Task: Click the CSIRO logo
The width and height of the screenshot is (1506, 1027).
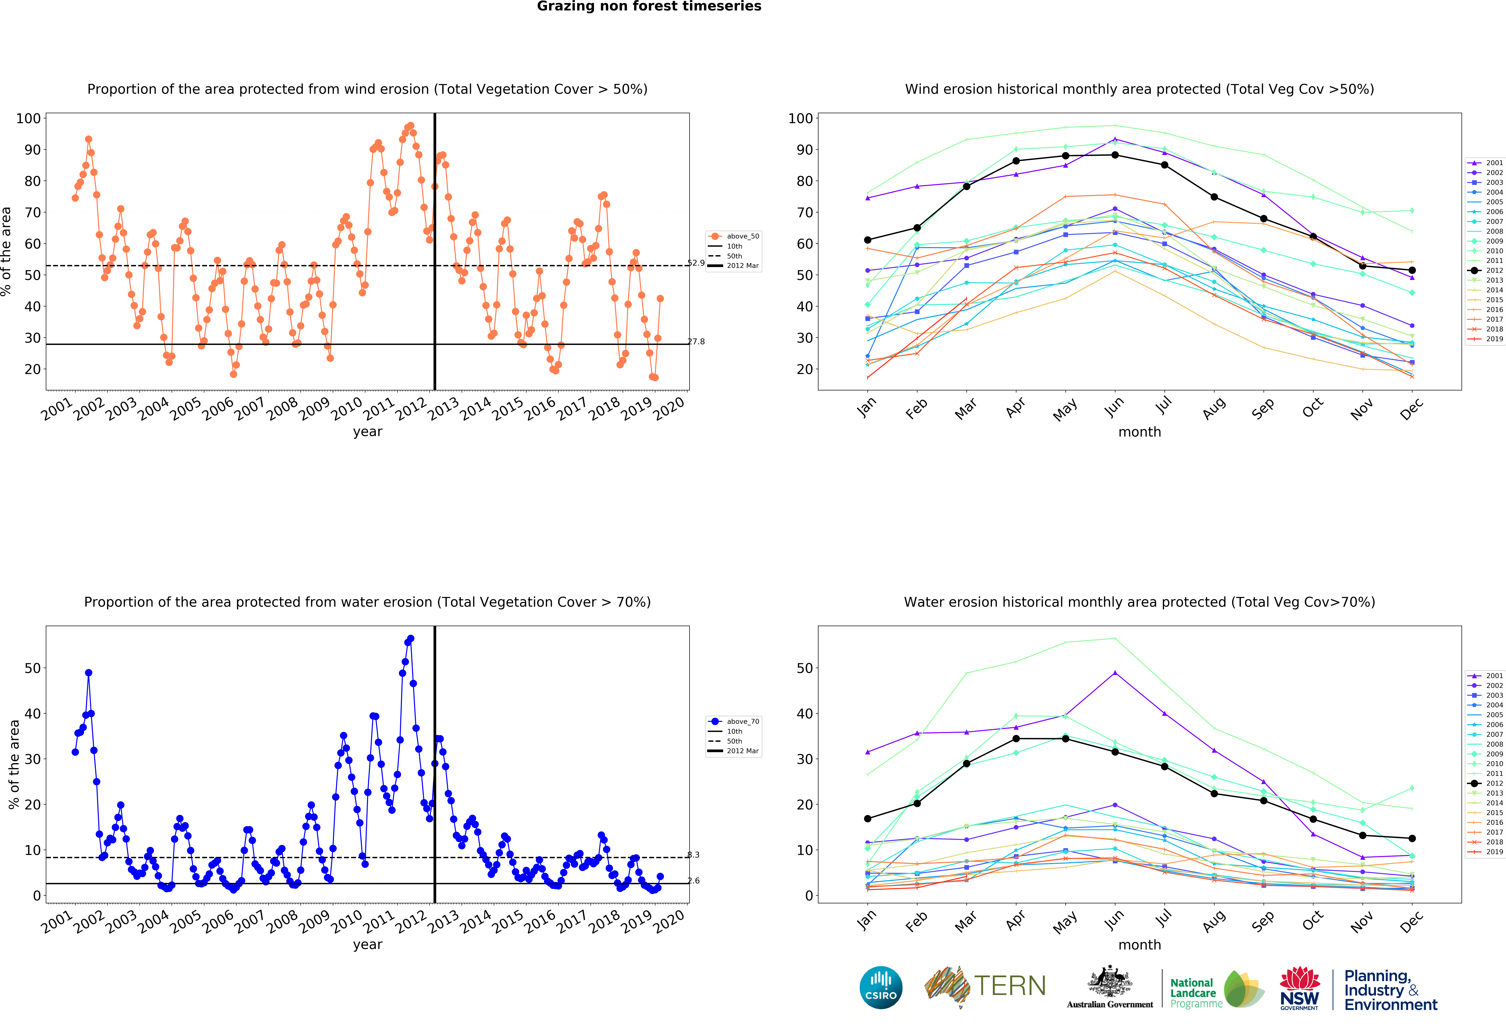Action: (881, 987)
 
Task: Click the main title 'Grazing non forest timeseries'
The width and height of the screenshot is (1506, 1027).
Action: (649, 6)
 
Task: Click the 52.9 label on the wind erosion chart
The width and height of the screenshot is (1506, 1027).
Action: (696, 263)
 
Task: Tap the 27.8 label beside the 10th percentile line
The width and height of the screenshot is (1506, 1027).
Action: (696, 342)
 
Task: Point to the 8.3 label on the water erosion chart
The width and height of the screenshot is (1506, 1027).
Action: (693, 854)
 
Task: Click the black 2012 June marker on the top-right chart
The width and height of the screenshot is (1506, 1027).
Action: (1115, 155)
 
